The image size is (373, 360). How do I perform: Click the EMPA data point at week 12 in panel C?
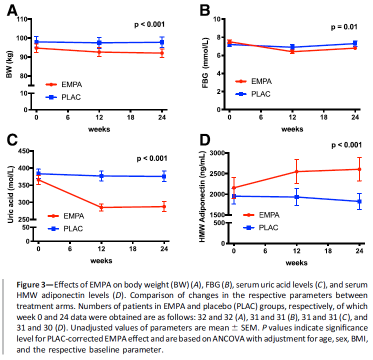point(101,207)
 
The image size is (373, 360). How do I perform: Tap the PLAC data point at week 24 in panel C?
point(163,176)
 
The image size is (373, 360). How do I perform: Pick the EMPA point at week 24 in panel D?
point(359,169)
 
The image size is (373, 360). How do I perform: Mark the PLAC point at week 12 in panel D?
point(296,197)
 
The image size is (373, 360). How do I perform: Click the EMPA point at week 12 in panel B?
point(292,51)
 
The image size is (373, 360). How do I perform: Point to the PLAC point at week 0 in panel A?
point(36,42)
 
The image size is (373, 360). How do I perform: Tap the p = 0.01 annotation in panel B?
point(343,26)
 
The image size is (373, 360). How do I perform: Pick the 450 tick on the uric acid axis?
point(22,151)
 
